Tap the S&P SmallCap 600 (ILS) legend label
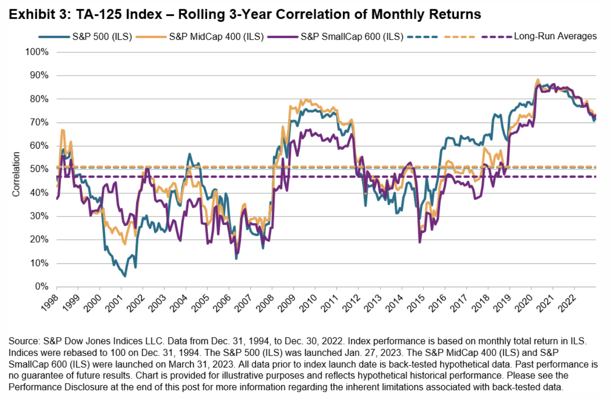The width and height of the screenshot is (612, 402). (x=352, y=36)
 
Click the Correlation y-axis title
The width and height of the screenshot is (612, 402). (x=16, y=174)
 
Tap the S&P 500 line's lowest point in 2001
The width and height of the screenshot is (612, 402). (x=125, y=276)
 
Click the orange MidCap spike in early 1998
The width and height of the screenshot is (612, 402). (x=62, y=130)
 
